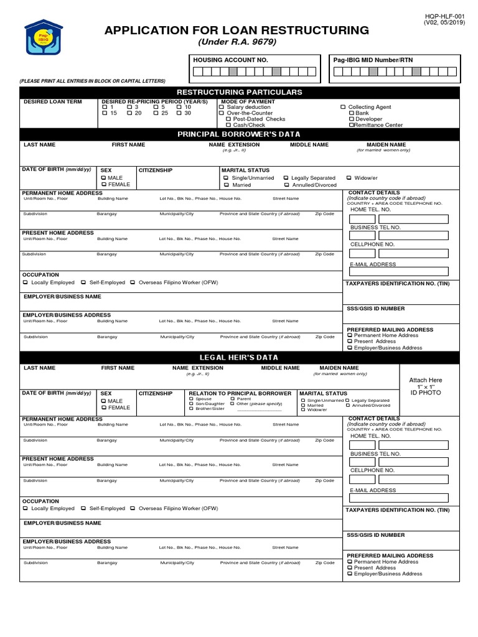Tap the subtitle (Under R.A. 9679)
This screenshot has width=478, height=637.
237,42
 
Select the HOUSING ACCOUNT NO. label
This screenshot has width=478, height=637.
230,60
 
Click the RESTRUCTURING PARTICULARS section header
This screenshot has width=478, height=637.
239,92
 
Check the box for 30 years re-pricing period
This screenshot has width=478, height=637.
179,113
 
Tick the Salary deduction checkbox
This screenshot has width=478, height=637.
222,107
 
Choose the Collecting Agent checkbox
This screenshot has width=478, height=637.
343,107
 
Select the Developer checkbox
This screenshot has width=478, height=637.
352,119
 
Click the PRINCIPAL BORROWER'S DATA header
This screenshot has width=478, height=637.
239,134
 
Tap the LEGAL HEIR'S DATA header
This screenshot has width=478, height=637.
239,358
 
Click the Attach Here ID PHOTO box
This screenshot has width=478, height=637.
426,386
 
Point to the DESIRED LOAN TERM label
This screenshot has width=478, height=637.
52,101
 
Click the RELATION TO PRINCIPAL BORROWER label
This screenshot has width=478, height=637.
240,393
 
